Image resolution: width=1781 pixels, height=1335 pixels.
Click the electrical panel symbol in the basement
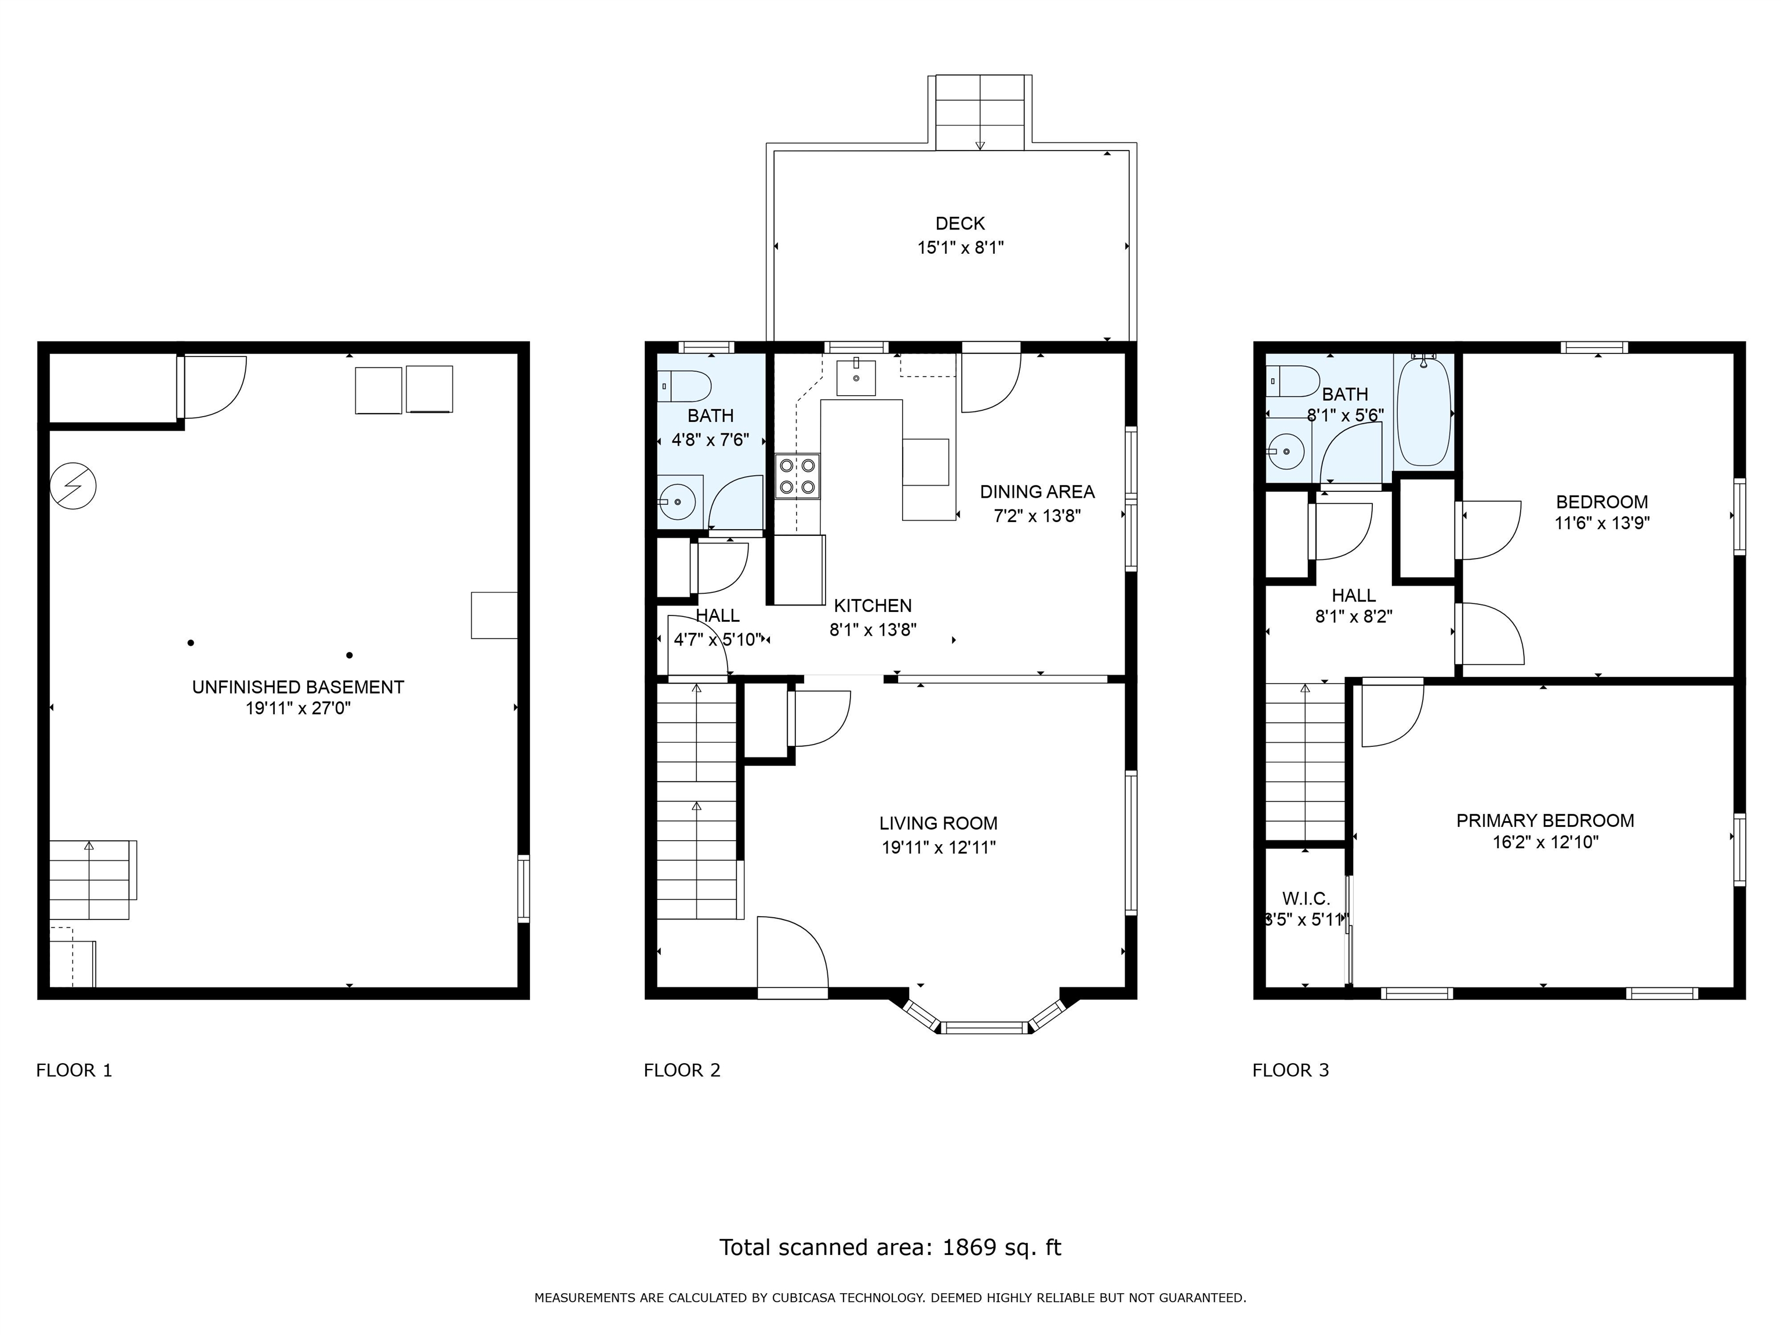pos(73,486)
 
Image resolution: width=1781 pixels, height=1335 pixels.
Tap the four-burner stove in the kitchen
pos(797,476)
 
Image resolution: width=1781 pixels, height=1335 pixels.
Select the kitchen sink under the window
pos(856,377)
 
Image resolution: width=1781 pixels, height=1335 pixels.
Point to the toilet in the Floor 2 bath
pos(685,386)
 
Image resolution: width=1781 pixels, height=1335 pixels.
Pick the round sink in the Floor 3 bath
pos(1286,452)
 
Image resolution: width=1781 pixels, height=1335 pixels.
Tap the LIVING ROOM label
pos(938,823)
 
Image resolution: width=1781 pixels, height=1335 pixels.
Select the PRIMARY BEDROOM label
pos(1544,821)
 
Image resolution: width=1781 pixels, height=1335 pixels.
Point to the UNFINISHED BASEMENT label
pos(298,687)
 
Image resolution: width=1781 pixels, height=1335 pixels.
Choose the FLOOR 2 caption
pos(682,1070)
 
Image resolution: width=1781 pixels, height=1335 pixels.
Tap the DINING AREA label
pos(1037,492)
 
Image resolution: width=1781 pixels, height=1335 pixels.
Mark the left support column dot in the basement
pos(191,642)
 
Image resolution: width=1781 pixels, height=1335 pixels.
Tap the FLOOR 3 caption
pos(1290,1070)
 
